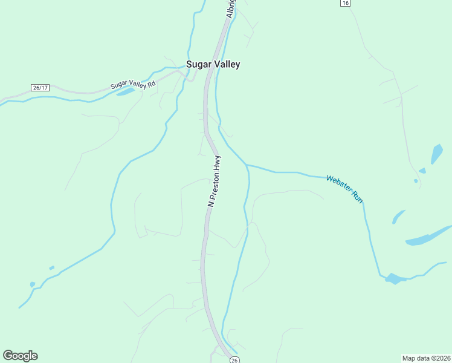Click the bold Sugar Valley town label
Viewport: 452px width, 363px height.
click(x=213, y=65)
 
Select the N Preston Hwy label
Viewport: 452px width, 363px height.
click(x=215, y=182)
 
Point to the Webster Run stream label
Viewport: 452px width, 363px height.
click(x=344, y=188)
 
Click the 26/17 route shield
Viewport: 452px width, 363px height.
click(x=40, y=88)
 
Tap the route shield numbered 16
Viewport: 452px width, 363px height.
click(x=344, y=3)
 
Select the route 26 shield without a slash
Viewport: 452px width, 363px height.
click(x=234, y=359)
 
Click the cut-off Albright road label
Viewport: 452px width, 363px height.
click(x=231, y=8)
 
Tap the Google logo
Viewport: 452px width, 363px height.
click(x=20, y=356)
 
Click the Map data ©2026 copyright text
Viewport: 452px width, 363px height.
click(x=426, y=358)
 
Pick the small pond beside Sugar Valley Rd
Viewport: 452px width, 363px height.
click(x=125, y=92)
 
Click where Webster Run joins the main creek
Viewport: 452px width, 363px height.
click(x=246, y=165)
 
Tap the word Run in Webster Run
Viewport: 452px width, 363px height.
click(x=357, y=196)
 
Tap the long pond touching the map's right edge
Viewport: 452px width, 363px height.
click(x=429, y=236)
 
